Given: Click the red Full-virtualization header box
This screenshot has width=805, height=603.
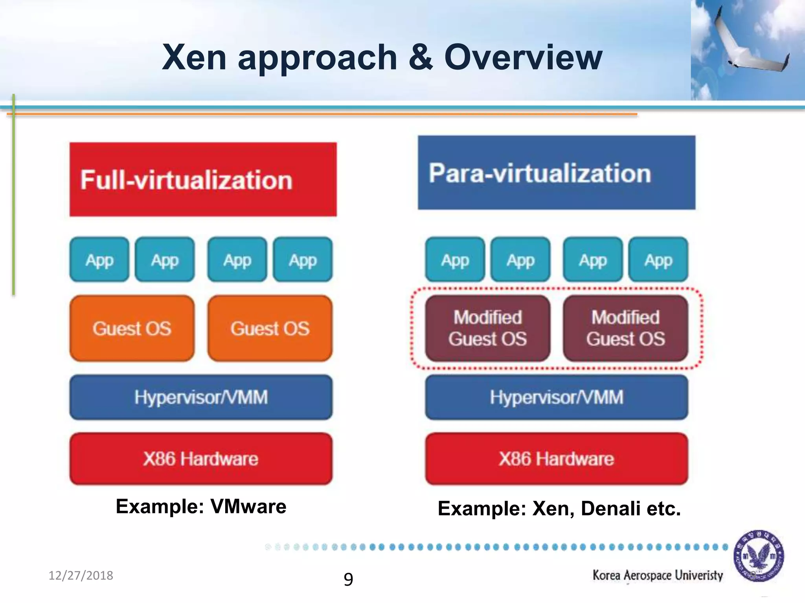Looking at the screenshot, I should [203, 179].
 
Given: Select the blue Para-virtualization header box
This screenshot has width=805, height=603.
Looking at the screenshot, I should [556, 173].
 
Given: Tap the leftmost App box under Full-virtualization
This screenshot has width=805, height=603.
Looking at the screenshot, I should [99, 259].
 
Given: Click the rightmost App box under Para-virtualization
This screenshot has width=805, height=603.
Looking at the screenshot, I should [658, 259].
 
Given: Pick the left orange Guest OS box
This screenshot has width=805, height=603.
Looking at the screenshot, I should [132, 329].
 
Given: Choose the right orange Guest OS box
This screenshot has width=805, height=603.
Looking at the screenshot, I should [270, 329].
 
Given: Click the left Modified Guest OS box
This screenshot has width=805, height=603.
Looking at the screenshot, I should [487, 329].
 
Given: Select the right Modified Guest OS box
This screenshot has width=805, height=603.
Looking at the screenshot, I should [625, 329].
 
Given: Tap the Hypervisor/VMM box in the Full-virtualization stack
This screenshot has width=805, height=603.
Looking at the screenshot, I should [201, 397].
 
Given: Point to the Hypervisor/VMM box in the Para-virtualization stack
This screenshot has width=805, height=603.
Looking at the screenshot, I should [557, 397].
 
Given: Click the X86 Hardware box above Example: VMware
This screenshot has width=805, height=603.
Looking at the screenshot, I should [201, 459].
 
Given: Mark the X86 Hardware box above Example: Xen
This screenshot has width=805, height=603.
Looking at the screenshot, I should [557, 459].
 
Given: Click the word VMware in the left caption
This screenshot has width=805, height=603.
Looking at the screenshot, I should [248, 506].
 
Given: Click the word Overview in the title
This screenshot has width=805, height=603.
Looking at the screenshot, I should [523, 57].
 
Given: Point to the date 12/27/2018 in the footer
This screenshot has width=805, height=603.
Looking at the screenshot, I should [81, 576].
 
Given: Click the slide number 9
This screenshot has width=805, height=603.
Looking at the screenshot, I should [348, 579].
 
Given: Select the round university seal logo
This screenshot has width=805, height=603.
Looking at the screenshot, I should [759, 556].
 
